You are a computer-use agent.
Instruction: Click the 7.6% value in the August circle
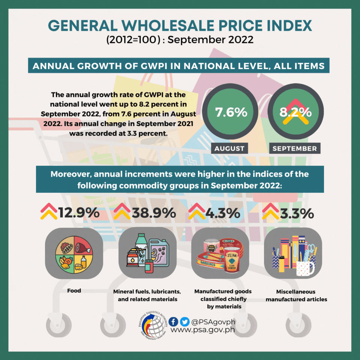[231, 112]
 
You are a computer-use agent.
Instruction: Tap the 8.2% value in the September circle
[295, 112]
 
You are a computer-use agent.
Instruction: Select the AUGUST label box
[229, 148]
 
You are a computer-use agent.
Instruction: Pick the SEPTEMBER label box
[295, 148]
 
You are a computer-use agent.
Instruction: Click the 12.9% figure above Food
[79, 212]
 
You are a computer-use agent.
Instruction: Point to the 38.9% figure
[154, 212]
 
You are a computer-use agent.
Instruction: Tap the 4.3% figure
[223, 213]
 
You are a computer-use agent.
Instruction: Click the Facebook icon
[173, 322]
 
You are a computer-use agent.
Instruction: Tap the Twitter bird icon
[184, 322]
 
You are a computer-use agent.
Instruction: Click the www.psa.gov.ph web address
[203, 330]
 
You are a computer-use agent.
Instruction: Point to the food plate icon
[74, 255]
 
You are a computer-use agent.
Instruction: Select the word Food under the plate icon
[74, 291]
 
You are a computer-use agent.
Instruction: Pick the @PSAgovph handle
[213, 322]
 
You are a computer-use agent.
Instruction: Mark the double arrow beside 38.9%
[122, 211]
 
